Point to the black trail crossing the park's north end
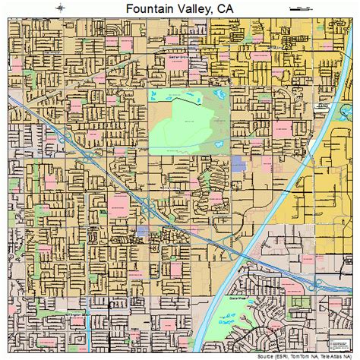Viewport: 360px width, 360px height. coord(182,97)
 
